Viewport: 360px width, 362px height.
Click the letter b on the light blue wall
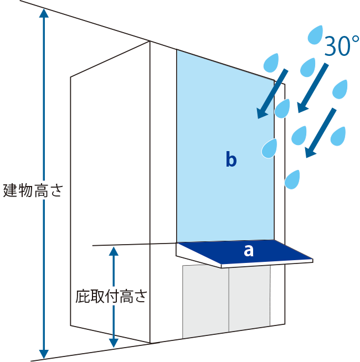click(231, 160)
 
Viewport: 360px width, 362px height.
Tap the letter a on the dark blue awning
click(249, 251)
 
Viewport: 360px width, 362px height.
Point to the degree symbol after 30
click(355, 40)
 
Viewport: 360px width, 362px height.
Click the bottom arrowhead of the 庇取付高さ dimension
click(114, 343)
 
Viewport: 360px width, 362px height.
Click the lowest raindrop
click(292, 179)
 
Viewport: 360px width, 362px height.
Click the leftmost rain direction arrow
click(272, 94)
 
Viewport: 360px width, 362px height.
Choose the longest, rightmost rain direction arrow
click(321, 133)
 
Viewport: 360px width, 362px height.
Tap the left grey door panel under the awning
click(205, 301)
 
